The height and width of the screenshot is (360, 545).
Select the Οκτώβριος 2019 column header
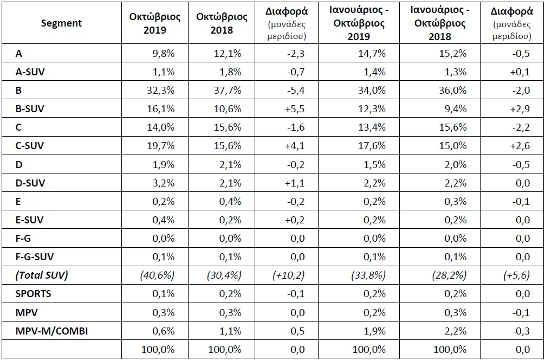point(155,23)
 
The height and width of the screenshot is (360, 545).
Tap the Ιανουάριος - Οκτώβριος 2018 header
point(437,23)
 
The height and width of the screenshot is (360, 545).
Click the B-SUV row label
point(30,109)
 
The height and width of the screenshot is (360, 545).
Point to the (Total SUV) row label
point(41,275)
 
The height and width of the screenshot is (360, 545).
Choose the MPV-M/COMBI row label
point(51,331)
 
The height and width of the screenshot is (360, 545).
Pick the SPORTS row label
point(33,293)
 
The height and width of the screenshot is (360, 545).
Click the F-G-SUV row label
point(35,256)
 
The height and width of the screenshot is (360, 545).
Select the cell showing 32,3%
point(161,91)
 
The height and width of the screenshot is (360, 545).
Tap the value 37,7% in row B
point(228,91)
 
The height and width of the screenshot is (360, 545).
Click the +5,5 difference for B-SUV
point(294,109)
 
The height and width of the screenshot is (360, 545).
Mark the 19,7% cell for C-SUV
point(161,146)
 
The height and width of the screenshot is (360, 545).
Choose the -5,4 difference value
point(295,91)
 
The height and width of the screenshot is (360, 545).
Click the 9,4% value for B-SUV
point(455,109)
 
